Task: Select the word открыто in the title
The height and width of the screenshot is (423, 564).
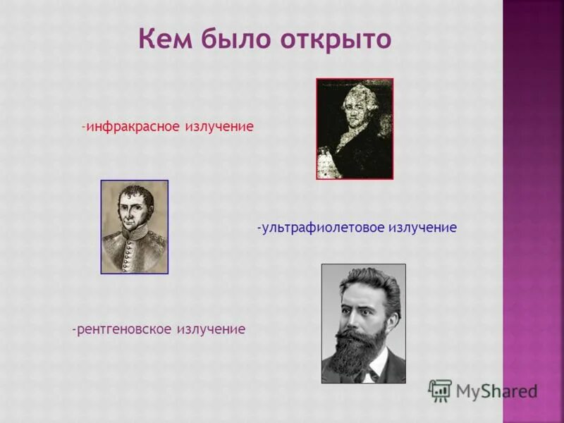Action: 336,39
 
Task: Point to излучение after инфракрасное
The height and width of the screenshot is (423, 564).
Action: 219,127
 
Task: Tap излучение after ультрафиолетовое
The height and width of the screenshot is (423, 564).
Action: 422,228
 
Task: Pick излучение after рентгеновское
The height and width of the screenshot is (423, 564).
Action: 211,329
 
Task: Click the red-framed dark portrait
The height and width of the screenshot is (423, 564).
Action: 355,129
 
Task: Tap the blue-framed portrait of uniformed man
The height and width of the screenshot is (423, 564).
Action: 135,227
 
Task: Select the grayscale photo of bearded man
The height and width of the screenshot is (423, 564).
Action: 364,324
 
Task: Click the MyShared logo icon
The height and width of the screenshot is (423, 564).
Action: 440,390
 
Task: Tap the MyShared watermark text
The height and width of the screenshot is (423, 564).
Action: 496,391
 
